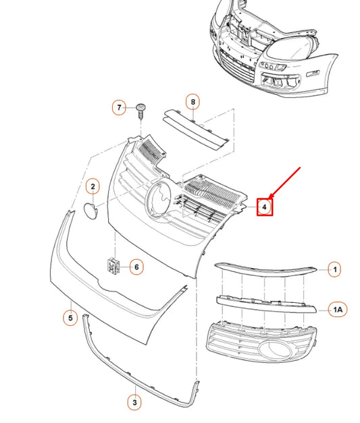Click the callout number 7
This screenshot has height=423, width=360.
click(119, 107)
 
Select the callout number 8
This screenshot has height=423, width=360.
click(192, 102)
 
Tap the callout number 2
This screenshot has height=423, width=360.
click(93, 186)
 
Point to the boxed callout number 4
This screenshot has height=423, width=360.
click(265, 207)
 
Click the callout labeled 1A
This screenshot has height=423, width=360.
click(338, 310)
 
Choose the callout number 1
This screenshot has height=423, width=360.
click(335, 269)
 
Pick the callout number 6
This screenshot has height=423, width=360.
click(136, 267)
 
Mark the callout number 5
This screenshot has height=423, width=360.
click(70, 318)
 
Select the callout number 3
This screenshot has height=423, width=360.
click(134, 403)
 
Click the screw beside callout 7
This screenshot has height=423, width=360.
click(140, 111)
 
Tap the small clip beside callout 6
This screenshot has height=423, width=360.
click(113, 266)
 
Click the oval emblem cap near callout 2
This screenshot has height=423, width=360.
click(91, 210)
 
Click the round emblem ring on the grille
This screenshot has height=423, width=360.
click(147, 199)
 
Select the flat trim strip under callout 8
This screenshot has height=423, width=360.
click(196, 129)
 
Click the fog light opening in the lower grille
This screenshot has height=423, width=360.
click(276, 351)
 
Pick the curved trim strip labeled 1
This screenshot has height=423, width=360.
click(265, 270)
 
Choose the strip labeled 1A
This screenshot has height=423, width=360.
click(266, 304)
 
